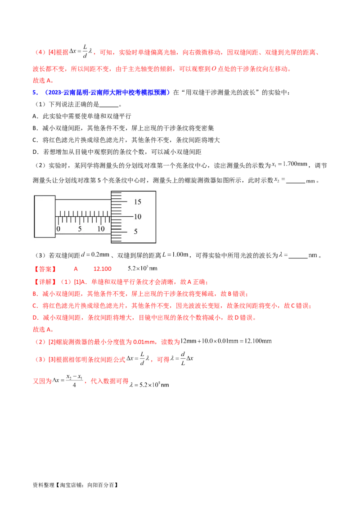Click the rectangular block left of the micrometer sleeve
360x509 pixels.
pyautogui.click(x=45, y=218)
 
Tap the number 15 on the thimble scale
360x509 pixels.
pyautogui.click(x=138, y=202)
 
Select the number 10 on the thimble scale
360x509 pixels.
pyautogui.click(x=138, y=217)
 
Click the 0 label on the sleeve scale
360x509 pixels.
pyautogui.click(x=58, y=229)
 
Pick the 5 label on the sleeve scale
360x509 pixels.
pyautogui.click(x=80, y=229)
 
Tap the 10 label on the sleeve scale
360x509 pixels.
pyautogui.click(x=101, y=229)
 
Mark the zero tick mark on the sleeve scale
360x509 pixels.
pyautogui.click(x=58, y=219)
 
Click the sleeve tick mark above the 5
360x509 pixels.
pyautogui.click(x=80, y=219)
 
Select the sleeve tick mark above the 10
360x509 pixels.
pyautogui.click(x=102, y=219)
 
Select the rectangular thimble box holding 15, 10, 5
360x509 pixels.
pyautogui.click(x=134, y=217)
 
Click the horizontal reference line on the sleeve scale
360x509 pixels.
pyautogui.click(x=83, y=216)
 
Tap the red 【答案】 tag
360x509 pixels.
pyautogui.click(x=45, y=270)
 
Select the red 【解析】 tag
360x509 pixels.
pyautogui.click(x=45, y=282)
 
